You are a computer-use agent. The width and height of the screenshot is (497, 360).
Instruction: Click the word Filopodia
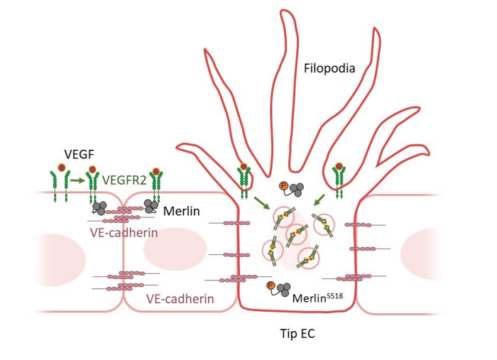[329, 69]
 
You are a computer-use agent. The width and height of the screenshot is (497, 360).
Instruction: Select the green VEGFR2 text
[124, 180]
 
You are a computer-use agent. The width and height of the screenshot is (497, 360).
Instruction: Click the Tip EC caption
[299, 332]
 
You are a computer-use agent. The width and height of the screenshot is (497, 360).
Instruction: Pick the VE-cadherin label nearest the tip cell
[180, 299]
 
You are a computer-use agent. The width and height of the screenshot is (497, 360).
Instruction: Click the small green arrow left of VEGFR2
[77, 181]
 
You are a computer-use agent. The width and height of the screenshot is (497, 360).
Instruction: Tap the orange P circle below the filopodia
[284, 187]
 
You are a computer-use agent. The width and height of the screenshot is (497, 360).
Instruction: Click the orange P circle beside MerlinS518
[270, 286]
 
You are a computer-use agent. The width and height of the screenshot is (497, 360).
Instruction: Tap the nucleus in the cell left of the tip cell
[165, 250]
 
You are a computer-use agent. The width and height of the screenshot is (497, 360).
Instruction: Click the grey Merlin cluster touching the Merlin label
[151, 206]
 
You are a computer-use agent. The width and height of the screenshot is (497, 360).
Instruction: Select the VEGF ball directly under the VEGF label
[62, 168]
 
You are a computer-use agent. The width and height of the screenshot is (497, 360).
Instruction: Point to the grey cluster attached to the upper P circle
[296, 190]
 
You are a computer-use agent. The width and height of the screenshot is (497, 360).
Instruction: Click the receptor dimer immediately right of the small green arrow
[92, 183]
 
